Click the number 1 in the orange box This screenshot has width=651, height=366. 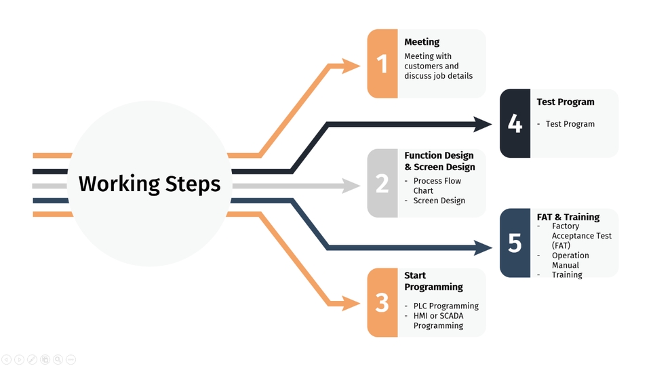[x=382, y=64]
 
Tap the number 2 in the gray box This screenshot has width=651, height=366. [x=382, y=184]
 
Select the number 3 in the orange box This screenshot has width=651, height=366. [x=382, y=303]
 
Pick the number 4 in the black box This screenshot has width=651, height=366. [x=515, y=124]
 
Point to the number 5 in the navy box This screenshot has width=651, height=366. [x=515, y=243]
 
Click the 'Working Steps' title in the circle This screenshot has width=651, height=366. [x=149, y=184]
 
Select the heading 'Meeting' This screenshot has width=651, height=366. [x=422, y=42]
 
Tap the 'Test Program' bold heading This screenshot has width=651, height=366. [x=565, y=102]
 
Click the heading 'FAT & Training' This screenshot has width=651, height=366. [x=568, y=217]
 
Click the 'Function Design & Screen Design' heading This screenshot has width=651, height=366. [x=439, y=161]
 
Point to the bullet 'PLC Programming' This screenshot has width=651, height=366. [x=446, y=306]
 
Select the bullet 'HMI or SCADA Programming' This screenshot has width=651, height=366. [x=446, y=321]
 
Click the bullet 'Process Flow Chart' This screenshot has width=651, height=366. [x=437, y=186]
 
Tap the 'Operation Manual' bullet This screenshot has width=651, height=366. [x=570, y=260]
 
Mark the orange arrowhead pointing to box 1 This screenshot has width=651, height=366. [x=351, y=66]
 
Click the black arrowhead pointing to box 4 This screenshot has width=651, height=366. [x=483, y=124]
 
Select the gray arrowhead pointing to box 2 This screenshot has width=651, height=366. [x=351, y=185]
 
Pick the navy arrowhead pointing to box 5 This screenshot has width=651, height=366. [x=483, y=247]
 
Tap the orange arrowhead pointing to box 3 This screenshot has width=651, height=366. [x=351, y=303]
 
